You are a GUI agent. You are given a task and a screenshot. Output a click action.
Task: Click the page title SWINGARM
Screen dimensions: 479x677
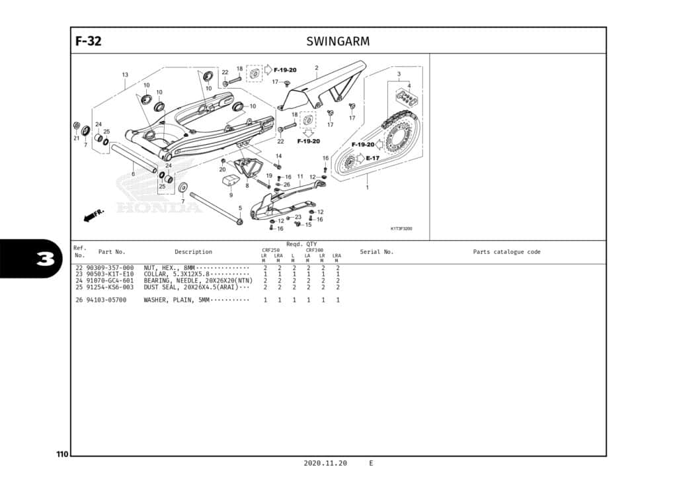[338, 41]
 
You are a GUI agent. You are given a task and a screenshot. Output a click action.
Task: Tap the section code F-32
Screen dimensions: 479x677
[89, 41]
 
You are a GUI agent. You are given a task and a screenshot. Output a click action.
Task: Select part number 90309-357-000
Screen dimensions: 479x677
[110, 268]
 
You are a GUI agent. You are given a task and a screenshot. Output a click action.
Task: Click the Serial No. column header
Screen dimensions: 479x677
[376, 251]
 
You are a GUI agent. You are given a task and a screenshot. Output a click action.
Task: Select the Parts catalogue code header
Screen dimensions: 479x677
[506, 251]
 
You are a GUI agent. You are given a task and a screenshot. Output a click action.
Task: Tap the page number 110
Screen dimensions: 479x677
[62, 455]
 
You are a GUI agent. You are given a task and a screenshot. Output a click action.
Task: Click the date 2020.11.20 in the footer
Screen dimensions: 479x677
[325, 463]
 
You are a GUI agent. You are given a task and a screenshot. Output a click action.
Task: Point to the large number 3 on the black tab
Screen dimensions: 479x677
[44, 259]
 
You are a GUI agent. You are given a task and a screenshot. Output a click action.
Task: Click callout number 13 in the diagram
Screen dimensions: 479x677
[125, 75]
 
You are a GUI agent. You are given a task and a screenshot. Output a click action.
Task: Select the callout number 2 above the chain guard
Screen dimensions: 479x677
[317, 67]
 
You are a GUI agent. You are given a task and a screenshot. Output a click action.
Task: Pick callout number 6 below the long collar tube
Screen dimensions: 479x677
[133, 174]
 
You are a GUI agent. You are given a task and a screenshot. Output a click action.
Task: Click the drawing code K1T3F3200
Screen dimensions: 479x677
[401, 229]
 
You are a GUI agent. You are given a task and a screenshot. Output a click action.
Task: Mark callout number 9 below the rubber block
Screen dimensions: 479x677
[231, 195]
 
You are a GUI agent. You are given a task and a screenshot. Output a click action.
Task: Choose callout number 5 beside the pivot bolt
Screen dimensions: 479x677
[240, 208]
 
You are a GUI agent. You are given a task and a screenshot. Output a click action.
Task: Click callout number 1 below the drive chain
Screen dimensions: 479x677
[368, 187]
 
